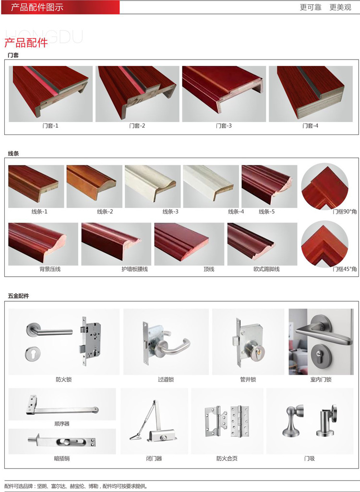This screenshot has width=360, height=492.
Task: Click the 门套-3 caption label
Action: [x=224, y=126]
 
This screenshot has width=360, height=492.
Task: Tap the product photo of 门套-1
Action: [x=51, y=94]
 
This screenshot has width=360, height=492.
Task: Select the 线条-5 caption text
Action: [x=266, y=212]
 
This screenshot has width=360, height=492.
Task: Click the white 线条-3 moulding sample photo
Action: [x=153, y=186]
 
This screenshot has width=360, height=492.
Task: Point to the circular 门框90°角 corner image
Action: [x=325, y=186]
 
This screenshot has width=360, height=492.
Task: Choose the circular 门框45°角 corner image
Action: [x=325, y=244]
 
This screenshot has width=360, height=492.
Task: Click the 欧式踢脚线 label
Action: [x=266, y=269]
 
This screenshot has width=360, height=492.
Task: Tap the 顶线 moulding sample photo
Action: [x=189, y=244]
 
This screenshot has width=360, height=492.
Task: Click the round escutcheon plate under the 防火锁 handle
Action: [x=33, y=354]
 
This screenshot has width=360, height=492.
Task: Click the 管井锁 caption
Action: [x=248, y=380]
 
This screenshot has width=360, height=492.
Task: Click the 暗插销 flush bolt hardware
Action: [x=62, y=442]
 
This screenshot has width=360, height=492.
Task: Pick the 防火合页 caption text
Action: [x=227, y=458]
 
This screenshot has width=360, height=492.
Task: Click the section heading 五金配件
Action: [x=19, y=296]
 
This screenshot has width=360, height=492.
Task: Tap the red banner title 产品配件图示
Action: [x=37, y=7]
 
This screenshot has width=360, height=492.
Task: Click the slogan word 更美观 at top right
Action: [x=340, y=7]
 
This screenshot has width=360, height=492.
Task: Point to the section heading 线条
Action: [x=13, y=154]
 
